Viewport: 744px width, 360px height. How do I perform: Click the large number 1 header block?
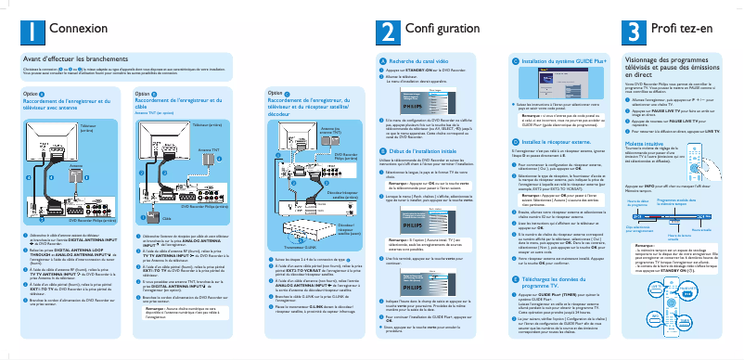[32, 31]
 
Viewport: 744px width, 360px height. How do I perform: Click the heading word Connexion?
[78, 31]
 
